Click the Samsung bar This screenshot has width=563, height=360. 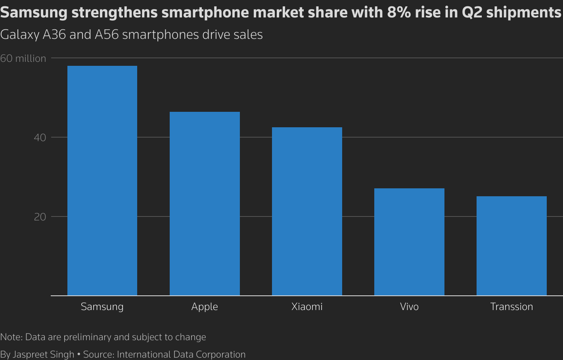point(102,180)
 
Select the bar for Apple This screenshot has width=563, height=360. point(205,203)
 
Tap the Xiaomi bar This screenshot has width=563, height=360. point(307,211)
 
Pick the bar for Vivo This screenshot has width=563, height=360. point(409,242)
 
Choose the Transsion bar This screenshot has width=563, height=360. point(511,246)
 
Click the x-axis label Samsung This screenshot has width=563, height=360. point(102,306)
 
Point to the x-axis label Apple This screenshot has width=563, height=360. point(205,306)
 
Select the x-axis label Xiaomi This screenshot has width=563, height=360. point(307,306)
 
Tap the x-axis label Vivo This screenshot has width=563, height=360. point(409,306)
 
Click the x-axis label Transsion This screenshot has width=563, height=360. point(511,306)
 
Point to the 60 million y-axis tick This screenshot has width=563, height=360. point(23,58)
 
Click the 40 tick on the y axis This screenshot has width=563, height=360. point(40,138)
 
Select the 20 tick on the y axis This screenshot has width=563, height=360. point(40,217)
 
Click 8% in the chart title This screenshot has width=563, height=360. point(396,13)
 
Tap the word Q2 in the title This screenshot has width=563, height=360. point(472,13)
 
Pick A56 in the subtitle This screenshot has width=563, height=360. point(107,34)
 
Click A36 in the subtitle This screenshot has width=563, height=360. point(54,34)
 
